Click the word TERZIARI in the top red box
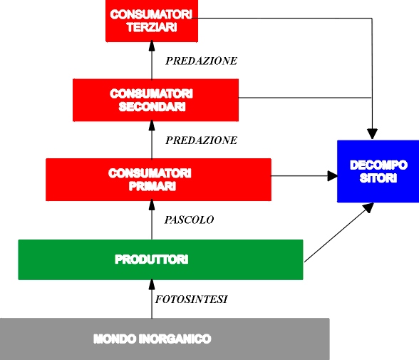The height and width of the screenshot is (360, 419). click(152, 27)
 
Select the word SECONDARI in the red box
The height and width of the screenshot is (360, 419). click(152, 107)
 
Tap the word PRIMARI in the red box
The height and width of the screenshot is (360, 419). click(152, 186)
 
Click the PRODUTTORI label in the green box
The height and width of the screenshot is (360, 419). click(152, 259)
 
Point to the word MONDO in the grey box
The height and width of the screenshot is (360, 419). click(115, 339)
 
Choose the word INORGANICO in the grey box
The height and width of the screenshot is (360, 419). click(175, 339)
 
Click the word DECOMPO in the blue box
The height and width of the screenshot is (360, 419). click(378, 165)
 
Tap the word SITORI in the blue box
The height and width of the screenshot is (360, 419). click(378, 178)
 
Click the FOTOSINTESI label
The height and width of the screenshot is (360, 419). click(191, 299)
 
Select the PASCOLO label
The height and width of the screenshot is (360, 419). click(189, 220)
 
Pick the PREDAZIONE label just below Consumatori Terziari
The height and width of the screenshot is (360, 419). click(201, 61)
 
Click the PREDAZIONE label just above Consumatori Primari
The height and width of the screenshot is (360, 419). click(201, 140)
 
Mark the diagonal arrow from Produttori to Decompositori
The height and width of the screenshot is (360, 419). click(339, 232)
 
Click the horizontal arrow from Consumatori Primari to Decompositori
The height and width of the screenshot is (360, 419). click(304, 176)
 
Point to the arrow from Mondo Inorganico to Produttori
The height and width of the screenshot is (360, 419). click(152, 299)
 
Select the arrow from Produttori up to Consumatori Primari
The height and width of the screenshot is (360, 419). click(152, 220)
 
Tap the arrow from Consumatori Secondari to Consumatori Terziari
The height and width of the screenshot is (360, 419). click(152, 61)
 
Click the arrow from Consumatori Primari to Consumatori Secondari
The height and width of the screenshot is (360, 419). click(152, 140)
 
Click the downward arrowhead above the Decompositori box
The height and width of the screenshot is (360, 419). click(372, 134)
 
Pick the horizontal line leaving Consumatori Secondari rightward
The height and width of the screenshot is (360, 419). click(305, 98)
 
